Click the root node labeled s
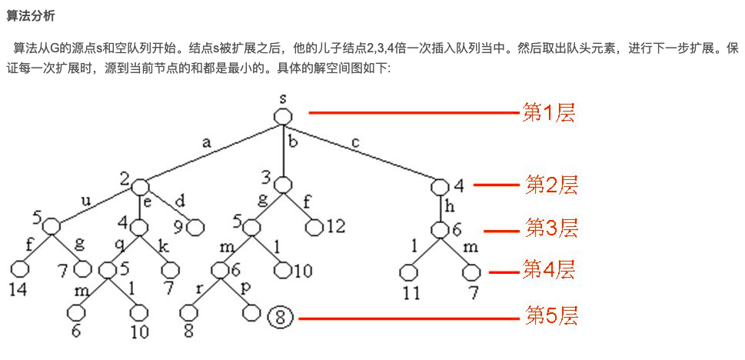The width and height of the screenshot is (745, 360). coord(283,116)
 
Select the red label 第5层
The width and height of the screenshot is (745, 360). coord(551,316)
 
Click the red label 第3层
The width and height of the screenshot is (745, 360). coord(551,228)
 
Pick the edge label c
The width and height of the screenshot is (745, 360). coord(354,142)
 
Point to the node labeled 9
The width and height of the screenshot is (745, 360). coord(195,228)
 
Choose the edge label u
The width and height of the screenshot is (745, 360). coord(85,202)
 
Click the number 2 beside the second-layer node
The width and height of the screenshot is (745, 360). coord(125,179)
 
